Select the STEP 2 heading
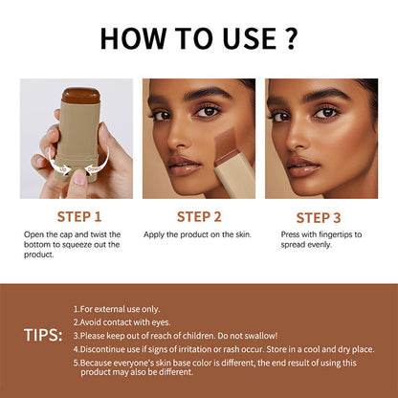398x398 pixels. click(x=198, y=216)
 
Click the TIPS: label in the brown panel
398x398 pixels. click(x=44, y=335)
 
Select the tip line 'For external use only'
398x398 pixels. click(x=120, y=309)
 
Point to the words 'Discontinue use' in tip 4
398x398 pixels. click(x=110, y=349)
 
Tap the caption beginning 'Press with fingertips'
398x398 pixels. click(x=321, y=234)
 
